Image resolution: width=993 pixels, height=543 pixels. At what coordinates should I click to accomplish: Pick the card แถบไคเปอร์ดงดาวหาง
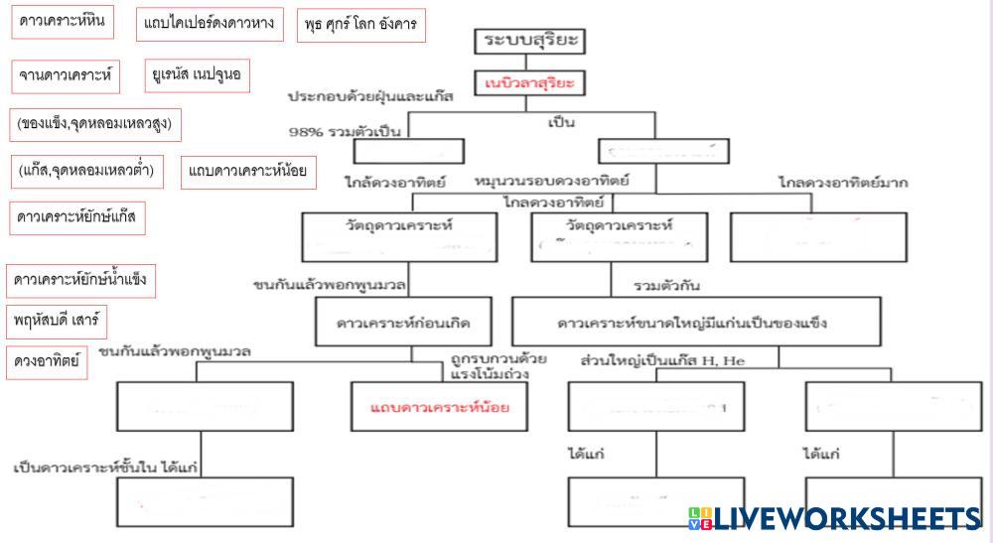(211, 24)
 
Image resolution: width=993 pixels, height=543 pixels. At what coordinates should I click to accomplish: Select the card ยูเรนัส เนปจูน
(198, 74)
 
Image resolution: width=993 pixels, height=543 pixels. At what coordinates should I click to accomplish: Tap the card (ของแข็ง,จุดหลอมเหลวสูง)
(96, 123)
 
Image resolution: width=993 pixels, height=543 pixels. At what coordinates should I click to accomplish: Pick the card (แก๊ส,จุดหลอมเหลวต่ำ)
(87, 171)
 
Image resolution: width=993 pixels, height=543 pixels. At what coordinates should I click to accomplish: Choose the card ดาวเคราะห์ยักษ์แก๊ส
(77, 217)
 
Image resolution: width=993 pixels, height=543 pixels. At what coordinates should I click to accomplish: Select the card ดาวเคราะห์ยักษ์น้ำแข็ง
(81, 280)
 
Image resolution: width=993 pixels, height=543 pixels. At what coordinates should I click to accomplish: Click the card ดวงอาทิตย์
(47, 361)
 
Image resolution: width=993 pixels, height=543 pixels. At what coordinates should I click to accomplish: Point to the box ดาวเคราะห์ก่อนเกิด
(403, 323)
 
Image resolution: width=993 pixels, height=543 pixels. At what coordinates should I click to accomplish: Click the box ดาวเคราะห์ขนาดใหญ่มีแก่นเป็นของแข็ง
(696, 323)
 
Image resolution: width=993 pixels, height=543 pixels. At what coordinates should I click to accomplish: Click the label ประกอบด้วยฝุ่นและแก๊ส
(370, 97)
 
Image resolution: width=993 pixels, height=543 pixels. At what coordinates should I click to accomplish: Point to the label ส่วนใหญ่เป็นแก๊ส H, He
(662, 361)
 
